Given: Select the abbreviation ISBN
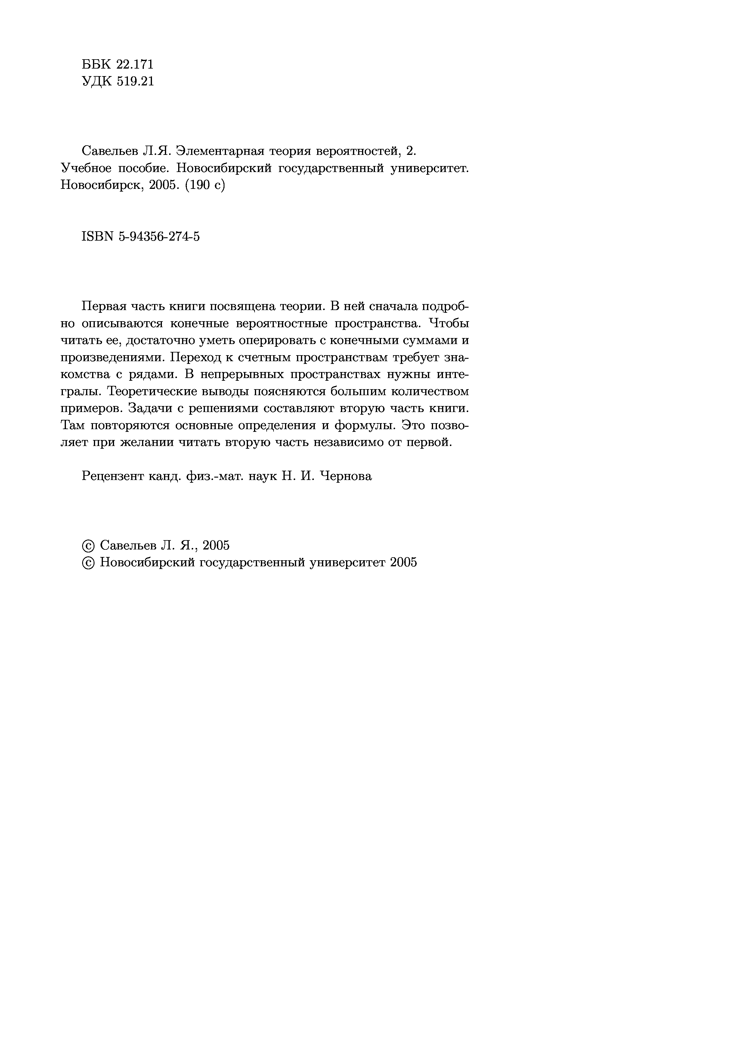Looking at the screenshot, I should (x=97, y=237).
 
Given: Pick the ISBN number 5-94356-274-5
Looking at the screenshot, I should (x=159, y=237).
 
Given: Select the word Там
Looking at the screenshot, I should (x=73, y=426).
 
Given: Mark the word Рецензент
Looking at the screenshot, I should (x=111, y=476).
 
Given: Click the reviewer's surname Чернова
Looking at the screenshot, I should (x=346, y=476).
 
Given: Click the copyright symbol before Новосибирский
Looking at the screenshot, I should (x=88, y=562).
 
